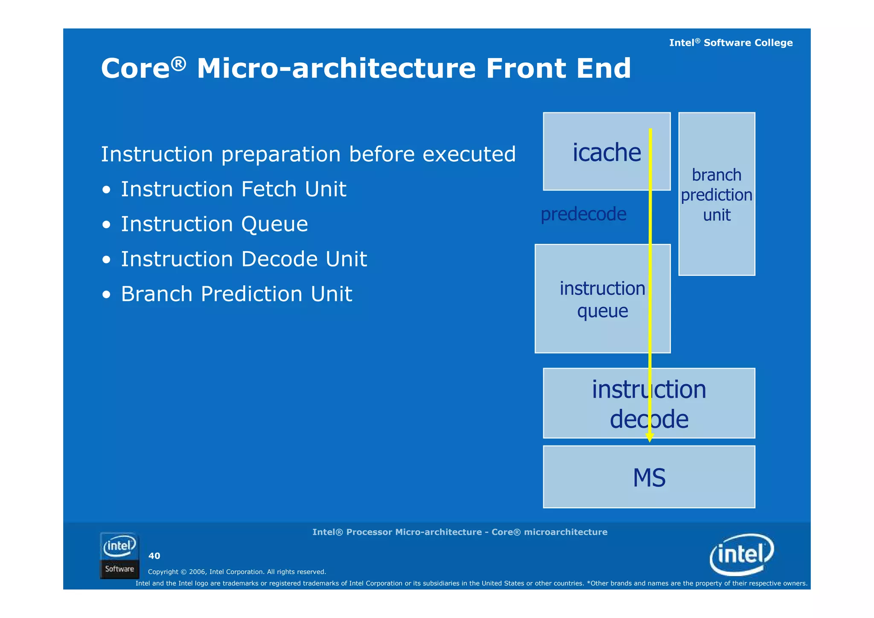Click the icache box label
(x=606, y=152)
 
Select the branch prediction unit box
(x=717, y=194)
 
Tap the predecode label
(x=583, y=214)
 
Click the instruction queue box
(x=602, y=299)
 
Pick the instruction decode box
(x=649, y=403)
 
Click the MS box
(x=649, y=477)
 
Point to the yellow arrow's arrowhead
(x=650, y=437)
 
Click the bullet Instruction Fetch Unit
(x=233, y=189)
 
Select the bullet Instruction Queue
(x=214, y=224)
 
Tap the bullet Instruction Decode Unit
(x=244, y=259)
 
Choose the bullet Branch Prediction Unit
(x=236, y=294)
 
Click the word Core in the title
(x=136, y=68)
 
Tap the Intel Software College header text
(x=731, y=43)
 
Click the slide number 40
(x=154, y=556)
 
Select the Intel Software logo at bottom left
(x=119, y=556)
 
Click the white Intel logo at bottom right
(x=742, y=554)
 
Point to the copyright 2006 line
(x=237, y=572)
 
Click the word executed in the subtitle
(x=469, y=154)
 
